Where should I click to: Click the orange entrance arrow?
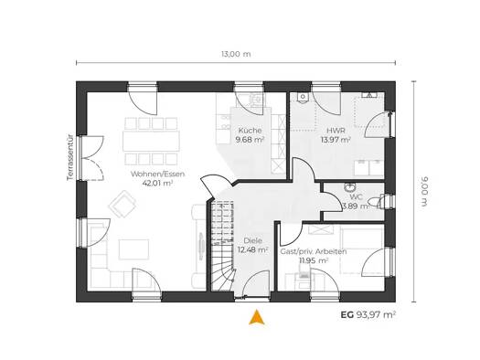(257, 317)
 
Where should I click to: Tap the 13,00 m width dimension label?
(236, 54)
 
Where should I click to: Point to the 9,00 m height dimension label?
(425, 192)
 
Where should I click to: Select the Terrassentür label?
(70, 157)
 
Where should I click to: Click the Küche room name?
(250, 131)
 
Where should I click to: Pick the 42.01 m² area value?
(157, 183)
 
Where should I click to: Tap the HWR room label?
(336, 131)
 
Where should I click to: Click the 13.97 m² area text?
(336, 140)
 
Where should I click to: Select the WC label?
(357, 197)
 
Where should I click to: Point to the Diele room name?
(253, 240)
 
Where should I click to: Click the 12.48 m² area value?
(253, 249)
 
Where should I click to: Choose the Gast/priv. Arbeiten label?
(314, 251)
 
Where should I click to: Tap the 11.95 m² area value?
(314, 260)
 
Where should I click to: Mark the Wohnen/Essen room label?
(157, 174)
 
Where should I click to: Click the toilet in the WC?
(376, 202)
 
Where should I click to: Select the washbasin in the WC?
(349, 187)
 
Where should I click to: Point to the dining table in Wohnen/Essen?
(151, 141)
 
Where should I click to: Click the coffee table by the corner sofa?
(134, 249)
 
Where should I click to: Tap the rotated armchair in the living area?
(123, 204)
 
